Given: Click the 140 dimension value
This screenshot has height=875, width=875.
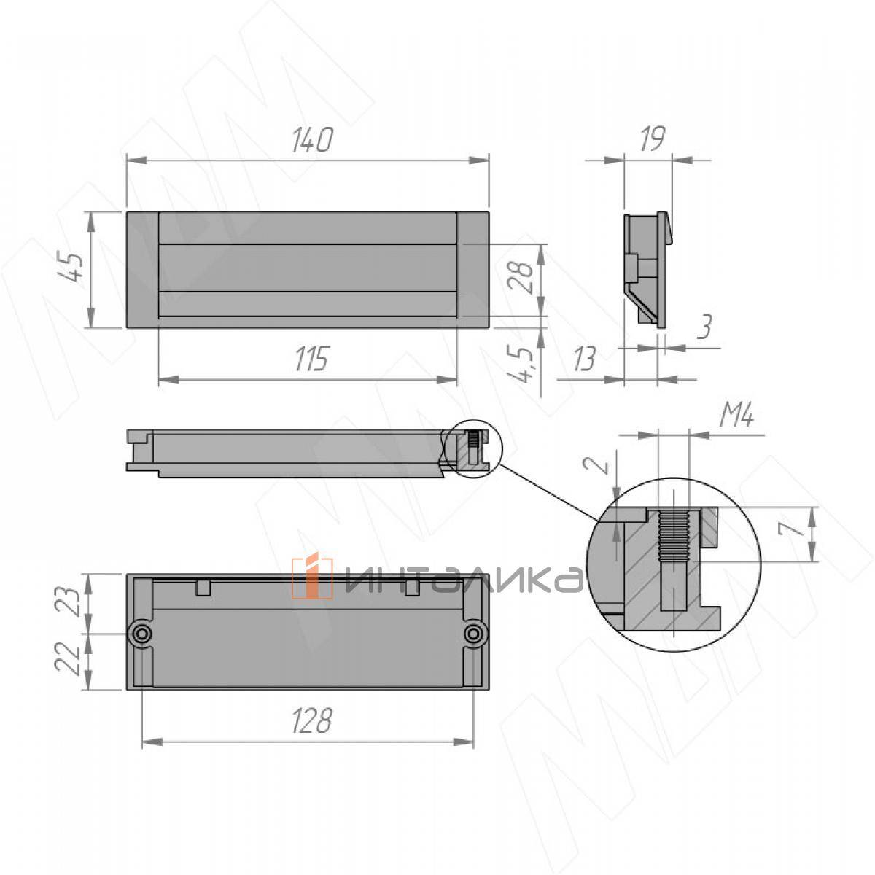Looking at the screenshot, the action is tap(312, 140).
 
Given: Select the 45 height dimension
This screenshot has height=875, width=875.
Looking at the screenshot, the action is tap(71, 268).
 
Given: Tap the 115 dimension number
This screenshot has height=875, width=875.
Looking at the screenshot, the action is tap(311, 359).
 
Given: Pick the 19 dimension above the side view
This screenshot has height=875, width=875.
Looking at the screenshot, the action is tap(653, 139).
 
